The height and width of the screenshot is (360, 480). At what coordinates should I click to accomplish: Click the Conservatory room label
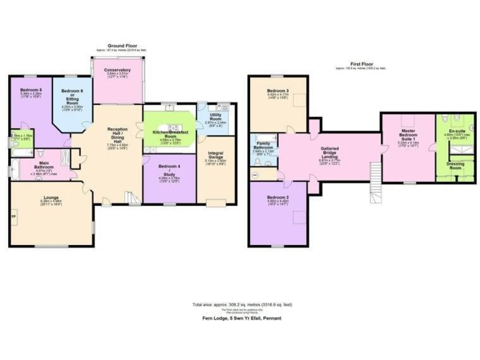pyautogui.click(x=117, y=70)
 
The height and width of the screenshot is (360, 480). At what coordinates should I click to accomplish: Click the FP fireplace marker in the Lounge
pyautogui.click(x=13, y=216)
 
